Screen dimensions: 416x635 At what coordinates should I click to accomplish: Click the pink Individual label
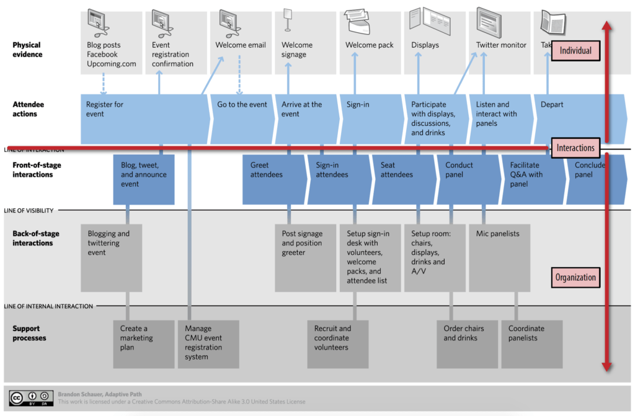coord(575,51)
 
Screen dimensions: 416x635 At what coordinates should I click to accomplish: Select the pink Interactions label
coord(575,148)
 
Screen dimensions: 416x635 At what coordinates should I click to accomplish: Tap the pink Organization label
coord(575,277)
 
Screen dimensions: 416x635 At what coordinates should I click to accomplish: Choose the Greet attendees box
coord(273,179)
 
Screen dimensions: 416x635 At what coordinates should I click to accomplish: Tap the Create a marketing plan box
coord(143,343)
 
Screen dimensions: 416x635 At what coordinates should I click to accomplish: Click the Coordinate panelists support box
coord(531,343)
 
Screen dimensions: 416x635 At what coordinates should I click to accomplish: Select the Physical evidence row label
coord(27,50)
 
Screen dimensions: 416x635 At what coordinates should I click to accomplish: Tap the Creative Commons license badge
coord(30,397)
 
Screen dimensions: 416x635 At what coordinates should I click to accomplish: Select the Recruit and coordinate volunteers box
coord(337,343)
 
